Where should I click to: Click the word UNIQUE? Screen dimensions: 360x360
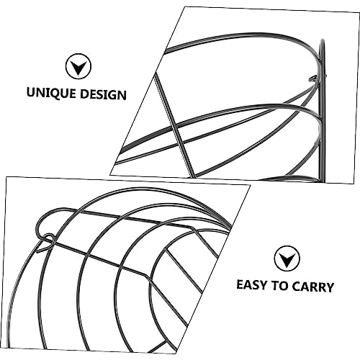pyautogui.click(x=51, y=93)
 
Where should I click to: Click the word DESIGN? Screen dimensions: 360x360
pyautogui.click(x=104, y=94)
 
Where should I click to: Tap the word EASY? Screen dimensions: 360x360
pyautogui.click(x=252, y=285)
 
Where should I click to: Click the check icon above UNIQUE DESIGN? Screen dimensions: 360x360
pyautogui.click(x=78, y=66)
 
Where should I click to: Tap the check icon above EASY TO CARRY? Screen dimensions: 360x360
pyautogui.click(x=287, y=258)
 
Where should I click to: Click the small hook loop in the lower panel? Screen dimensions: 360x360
pyautogui.click(x=48, y=238)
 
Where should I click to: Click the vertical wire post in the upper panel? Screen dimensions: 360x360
pyautogui.click(x=322, y=110)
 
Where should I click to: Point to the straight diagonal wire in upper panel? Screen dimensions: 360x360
pyautogui.click(x=174, y=125)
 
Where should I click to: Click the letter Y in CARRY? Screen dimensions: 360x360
pyautogui.click(x=329, y=287)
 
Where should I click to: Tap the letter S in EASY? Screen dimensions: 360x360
pyautogui.click(x=256, y=285)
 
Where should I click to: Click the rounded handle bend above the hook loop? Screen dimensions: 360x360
pyautogui.click(x=43, y=217)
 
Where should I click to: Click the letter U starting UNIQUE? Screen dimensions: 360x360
pyautogui.click(x=31, y=92)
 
